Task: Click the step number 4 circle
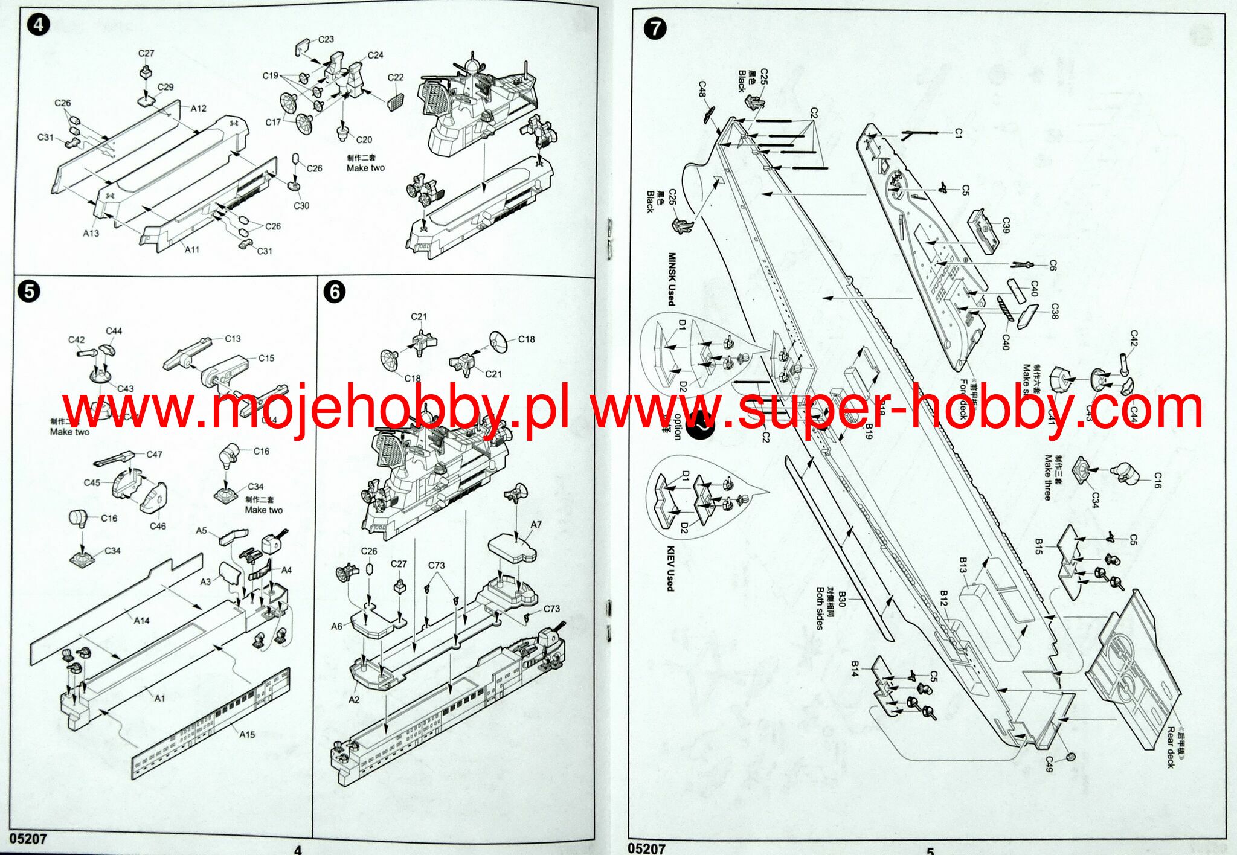point(39,25)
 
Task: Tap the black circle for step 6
point(335,292)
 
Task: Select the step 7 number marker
point(655,28)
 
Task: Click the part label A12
point(198,109)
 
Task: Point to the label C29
point(165,87)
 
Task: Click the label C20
point(364,139)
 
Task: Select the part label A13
point(91,233)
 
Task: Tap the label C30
point(301,205)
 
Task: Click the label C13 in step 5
point(233,339)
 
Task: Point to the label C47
point(154,455)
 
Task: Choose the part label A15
point(247,735)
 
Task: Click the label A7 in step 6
point(536,525)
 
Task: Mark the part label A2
point(354,699)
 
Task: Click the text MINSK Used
point(670,279)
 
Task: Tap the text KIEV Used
point(670,569)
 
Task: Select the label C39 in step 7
point(1006,226)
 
